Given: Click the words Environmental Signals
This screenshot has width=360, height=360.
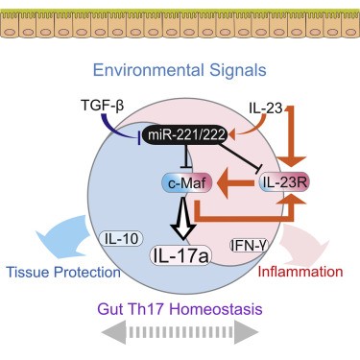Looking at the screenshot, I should click(180, 72).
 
